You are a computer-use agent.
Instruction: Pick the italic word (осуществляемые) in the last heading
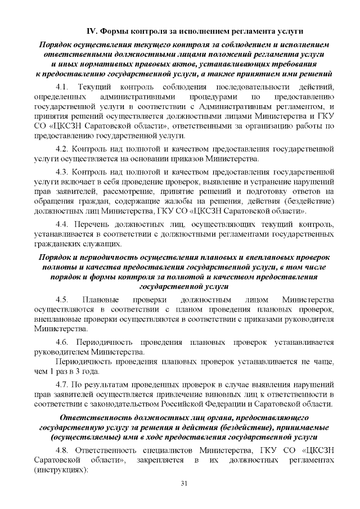tap(84, 436)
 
